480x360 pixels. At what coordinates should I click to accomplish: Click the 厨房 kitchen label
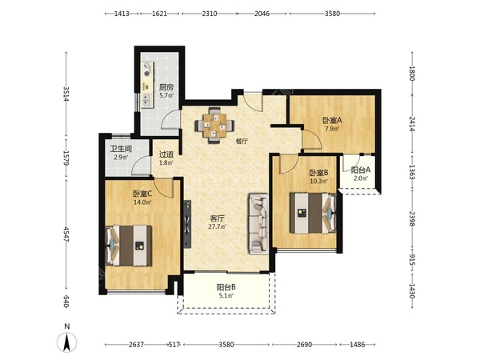click(x=166, y=87)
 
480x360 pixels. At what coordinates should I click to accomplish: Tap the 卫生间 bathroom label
click(x=121, y=149)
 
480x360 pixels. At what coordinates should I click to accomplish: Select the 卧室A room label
click(x=332, y=120)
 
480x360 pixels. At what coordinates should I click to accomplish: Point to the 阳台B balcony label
click(x=226, y=287)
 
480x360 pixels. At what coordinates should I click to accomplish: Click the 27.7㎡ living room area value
click(x=218, y=226)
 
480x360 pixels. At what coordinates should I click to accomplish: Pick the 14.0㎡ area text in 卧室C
click(x=142, y=202)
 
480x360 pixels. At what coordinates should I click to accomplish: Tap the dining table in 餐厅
click(x=215, y=126)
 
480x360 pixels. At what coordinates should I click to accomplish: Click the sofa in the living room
click(x=258, y=224)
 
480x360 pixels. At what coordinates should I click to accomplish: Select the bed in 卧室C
click(x=129, y=246)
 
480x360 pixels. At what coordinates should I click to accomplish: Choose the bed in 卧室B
click(x=313, y=213)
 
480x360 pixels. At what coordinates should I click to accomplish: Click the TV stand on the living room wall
click(x=187, y=224)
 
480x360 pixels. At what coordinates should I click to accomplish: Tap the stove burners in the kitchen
click(x=148, y=69)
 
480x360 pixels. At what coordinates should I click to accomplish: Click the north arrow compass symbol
click(x=67, y=342)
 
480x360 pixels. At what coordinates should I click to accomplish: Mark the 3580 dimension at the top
click(x=332, y=14)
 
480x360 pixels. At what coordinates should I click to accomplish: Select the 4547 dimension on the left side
click(x=66, y=234)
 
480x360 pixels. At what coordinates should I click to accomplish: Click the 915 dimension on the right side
click(x=412, y=259)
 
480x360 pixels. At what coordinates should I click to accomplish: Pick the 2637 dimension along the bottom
click(x=136, y=344)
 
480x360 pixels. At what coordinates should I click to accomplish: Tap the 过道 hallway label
click(x=166, y=154)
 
